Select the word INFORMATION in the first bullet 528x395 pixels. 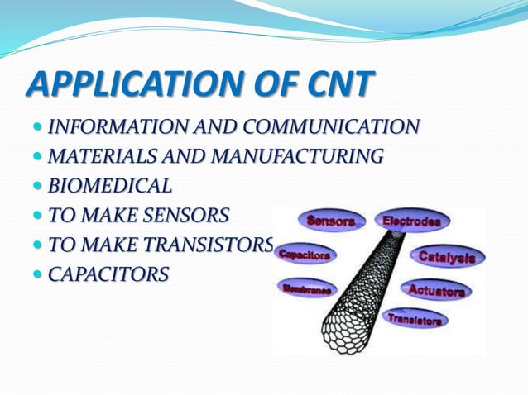click(111, 127)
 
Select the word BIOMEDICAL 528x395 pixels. click(109, 186)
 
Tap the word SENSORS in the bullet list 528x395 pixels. click(183, 216)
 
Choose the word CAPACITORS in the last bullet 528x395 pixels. click(108, 274)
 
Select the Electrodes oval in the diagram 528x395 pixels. click(410, 221)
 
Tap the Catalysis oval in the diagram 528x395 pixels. click(446, 257)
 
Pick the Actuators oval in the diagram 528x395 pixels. click(436, 289)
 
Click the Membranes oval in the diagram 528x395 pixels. click(307, 288)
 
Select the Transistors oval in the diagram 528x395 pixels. click(415, 318)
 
